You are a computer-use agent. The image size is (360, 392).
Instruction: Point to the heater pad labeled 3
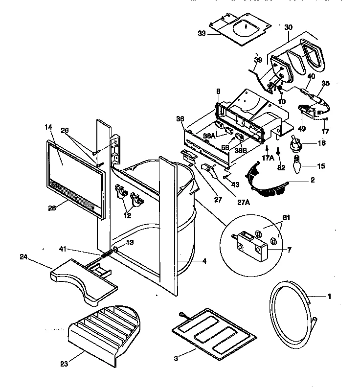214,331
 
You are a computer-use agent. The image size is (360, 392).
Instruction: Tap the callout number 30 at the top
289,27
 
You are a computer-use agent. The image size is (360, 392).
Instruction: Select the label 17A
268,159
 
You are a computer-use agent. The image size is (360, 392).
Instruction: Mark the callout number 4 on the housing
204,261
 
